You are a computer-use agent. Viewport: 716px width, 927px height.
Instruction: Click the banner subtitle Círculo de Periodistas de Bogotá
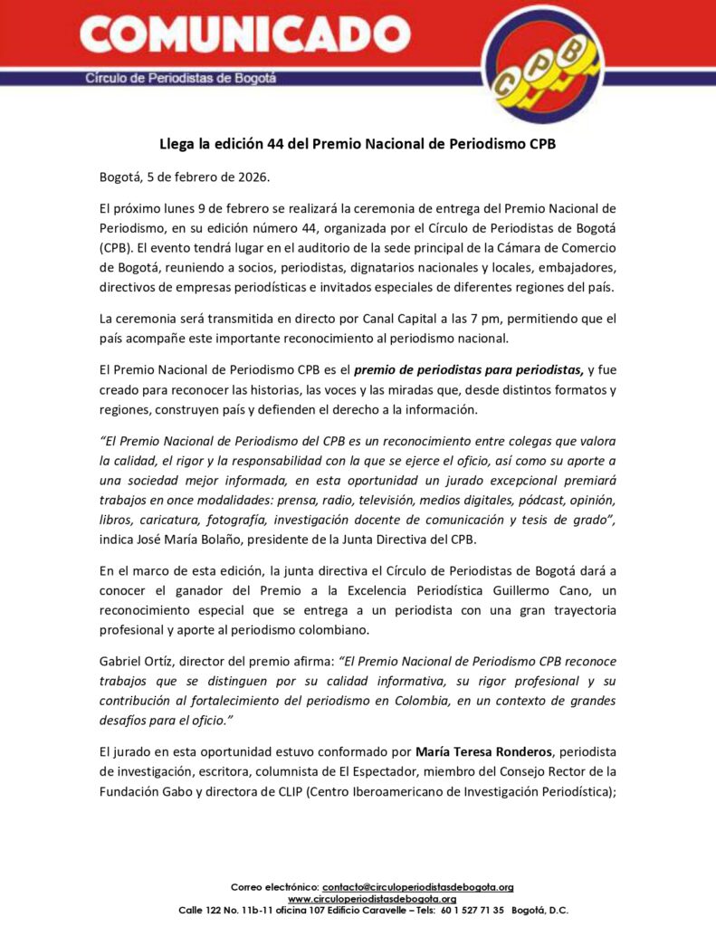click(x=181, y=78)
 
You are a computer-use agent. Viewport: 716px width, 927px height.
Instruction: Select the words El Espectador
click(x=403, y=770)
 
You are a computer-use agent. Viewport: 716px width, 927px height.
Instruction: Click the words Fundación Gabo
click(x=140, y=790)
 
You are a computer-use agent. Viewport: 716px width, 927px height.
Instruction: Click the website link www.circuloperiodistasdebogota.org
click(x=372, y=898)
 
